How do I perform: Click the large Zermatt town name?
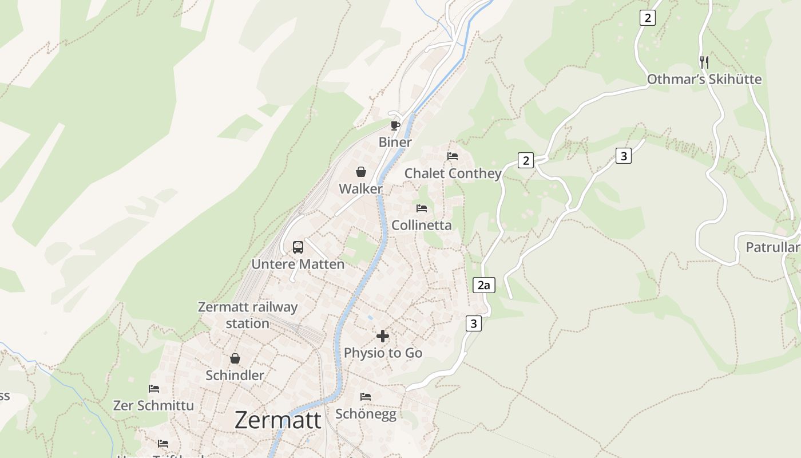(x=278, y=420)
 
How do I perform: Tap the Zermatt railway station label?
(x=248, y=315)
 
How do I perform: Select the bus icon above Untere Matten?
(x=298, y=247)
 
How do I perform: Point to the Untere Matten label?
(x=298, y=264)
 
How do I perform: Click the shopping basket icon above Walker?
(x=361, y=172)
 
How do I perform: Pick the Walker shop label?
(x=360, y=188)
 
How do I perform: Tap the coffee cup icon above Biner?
(x=395, y=125)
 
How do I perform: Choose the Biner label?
(x=395, y=142)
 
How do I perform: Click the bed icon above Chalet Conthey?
(x=453, y=156)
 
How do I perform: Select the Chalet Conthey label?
(x=453, y=173)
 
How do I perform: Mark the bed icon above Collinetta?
(x=422, y=208)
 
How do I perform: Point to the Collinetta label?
(x=422, y=225)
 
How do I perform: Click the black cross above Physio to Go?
(x=383, y=336)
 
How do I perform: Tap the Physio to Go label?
(x=383, y=353)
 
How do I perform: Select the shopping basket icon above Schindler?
(x=235, y=358)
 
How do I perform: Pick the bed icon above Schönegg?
(x=366, y=396)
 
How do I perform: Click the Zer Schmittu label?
(x=153, y=405)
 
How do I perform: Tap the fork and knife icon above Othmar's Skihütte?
(x=704, y=62)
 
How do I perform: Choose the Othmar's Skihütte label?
(x=704, y=79)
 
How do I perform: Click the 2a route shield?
(x=484, y=285)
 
